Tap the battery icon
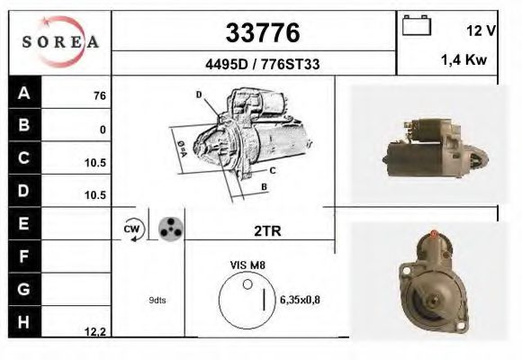(416, 26)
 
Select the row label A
(23, 93)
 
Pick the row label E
(23, 221)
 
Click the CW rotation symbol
(131, 230)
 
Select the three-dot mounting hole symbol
(167, 229)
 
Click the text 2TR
(266, 231)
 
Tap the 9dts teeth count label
(157, 301)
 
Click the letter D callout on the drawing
(199, 94)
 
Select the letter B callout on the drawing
(264, 186)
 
